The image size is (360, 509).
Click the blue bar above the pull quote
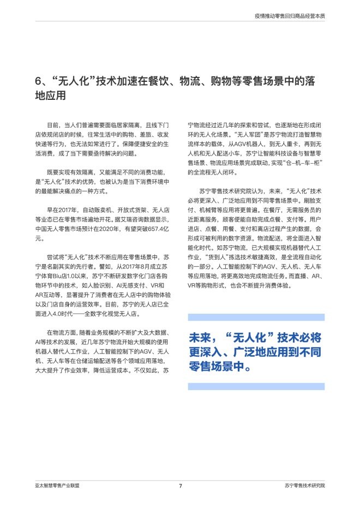click(x=255, y=317)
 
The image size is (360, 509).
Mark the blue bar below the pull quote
click(x=255, y=386)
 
